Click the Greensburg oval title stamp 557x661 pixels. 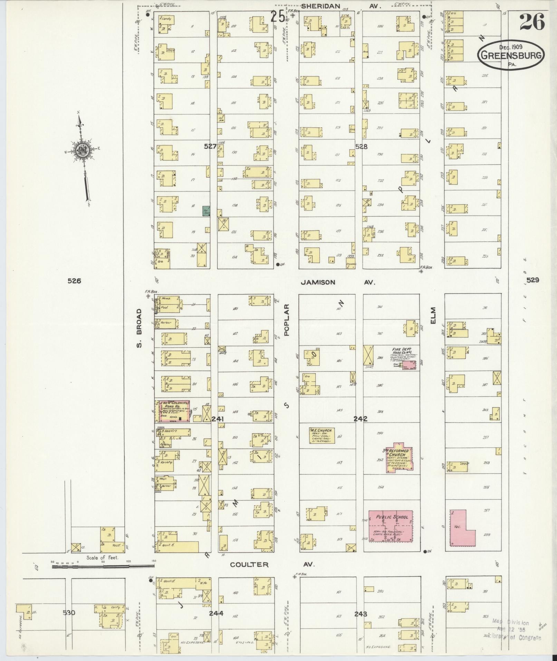point(511,55)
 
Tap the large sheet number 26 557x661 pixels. point(532,21)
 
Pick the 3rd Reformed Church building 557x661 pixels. point(400,458)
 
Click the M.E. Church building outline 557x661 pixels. point(322,435)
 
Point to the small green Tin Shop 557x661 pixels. point(207,211)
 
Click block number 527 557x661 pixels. point(210,146)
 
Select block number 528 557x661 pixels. point(361,146)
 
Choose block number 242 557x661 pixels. point(360,419)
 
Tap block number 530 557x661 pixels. point(69,613)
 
